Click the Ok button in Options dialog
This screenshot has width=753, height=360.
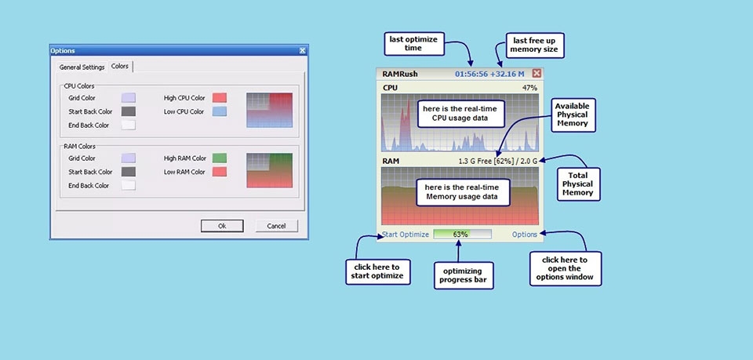point(222,226)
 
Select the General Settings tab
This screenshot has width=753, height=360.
point(82,67)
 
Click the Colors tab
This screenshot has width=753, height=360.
point(120,67)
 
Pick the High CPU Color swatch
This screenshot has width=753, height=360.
point(220,98)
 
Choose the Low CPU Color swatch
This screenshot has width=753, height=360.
point(220,112)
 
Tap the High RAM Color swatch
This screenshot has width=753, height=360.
point(220,158)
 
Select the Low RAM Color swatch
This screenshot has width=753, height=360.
point(220,172)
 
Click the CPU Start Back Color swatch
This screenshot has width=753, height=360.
point(129,111)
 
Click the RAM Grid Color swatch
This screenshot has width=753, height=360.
point(129,158)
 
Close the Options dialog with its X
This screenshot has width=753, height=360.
point(303,51)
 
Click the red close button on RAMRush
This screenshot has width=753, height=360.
point(537,74)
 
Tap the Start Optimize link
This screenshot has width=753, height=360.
point(406,235)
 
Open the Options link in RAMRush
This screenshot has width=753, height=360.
point(525,235)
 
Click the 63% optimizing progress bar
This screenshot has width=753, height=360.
point(462,234)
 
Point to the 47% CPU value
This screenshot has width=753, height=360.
point(529,88)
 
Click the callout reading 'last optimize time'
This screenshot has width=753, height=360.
point(413,43)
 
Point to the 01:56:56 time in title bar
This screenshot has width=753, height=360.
point(471,74)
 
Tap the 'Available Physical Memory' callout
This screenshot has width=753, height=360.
point(571,115)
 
